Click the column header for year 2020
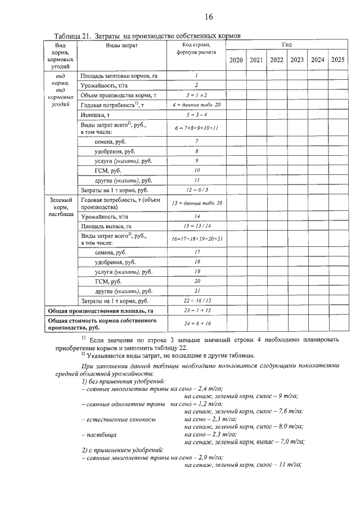click(236, 60)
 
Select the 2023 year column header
click(296, 60)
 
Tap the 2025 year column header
click(337, 60)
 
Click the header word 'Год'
click(287, 44)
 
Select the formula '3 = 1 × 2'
click(197, 95)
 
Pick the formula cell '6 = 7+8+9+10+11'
click(197, 128)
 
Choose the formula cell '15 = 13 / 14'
click(197, 226)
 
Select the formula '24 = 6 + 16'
click(197, 323)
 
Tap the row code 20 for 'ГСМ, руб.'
click(197, 281)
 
